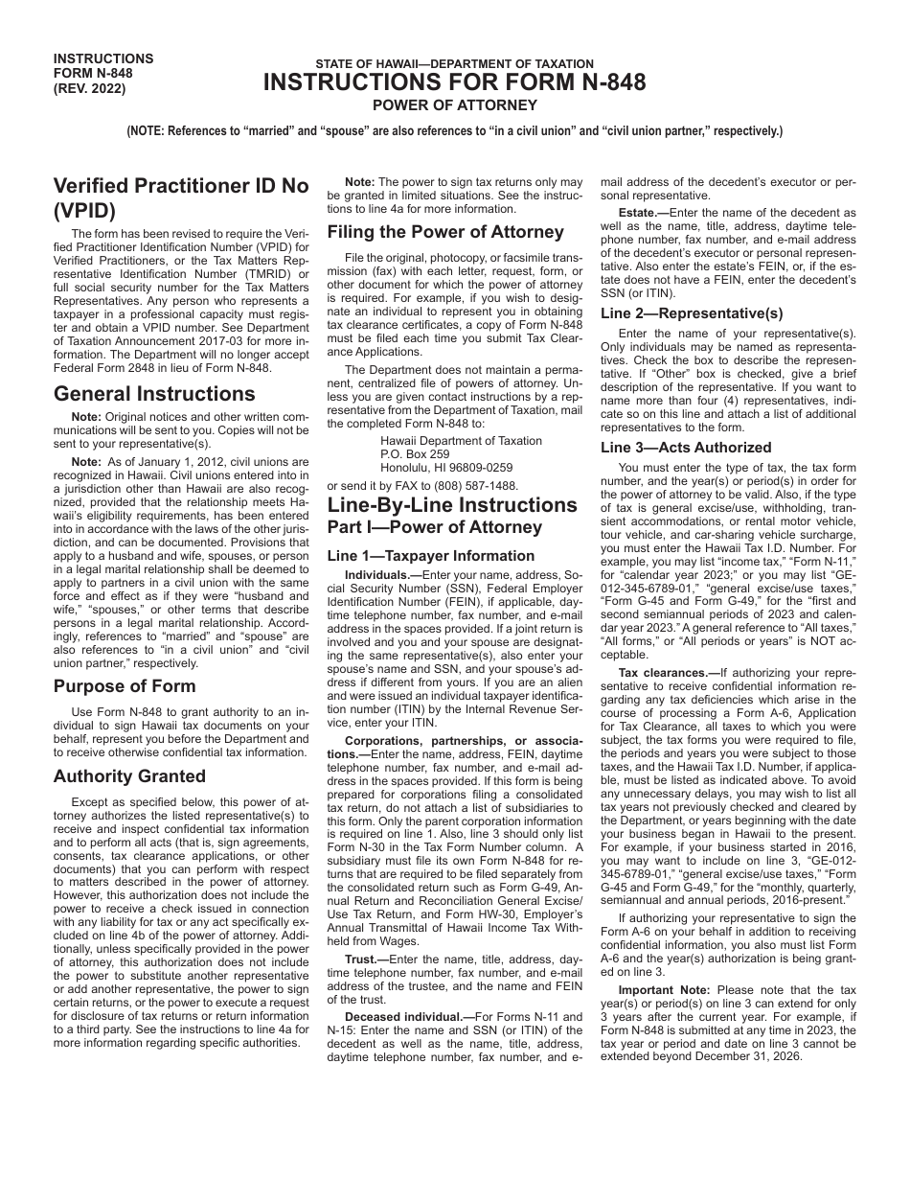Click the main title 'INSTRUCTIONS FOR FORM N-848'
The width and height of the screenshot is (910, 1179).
tap(455, 83)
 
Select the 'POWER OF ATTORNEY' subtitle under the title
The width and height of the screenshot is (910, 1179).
tap(455, 105)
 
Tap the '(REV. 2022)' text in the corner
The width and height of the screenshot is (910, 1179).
tap(90, 89)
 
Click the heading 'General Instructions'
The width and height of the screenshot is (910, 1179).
tap(154, 394)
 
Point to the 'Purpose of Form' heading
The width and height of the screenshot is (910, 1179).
tap(125, 686)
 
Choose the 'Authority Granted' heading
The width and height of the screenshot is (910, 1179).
tap(129, 776)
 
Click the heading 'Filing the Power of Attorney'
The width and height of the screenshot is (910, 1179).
tap(445, 232)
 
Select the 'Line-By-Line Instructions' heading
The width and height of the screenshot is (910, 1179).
tap(452, 505)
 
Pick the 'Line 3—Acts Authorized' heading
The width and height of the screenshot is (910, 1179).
tap(686, 448)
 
